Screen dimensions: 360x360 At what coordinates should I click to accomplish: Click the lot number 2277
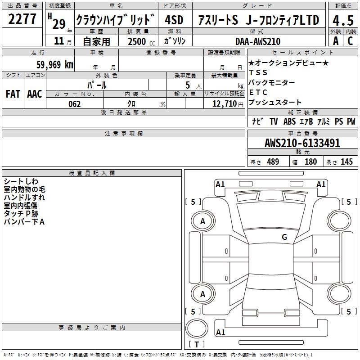22,19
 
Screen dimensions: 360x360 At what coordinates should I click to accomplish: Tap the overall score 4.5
343,21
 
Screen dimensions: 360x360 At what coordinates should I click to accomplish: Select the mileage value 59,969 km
55,65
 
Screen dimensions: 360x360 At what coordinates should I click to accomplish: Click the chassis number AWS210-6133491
302,143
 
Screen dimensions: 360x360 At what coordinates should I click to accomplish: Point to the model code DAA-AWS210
258,41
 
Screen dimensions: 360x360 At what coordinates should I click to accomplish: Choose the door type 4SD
174,20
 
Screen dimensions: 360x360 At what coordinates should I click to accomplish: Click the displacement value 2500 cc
141,42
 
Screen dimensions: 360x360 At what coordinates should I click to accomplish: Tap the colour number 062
74,104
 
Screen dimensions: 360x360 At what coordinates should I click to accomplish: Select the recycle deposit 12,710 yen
228,104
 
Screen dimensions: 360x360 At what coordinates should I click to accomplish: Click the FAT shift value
13,94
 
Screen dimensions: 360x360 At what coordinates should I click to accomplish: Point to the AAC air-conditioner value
35,94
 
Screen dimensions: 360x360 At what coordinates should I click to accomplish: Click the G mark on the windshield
284,237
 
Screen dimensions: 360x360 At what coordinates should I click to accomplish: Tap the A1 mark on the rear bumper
220,332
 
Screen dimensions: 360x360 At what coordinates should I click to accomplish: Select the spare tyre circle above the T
197,328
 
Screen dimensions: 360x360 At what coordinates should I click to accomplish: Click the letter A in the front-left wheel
202,221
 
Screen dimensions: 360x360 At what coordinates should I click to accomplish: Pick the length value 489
273,162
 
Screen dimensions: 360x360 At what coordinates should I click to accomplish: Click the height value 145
346,162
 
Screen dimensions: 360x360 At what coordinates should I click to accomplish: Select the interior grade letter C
351,41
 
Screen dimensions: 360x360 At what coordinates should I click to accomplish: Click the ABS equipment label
289,121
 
